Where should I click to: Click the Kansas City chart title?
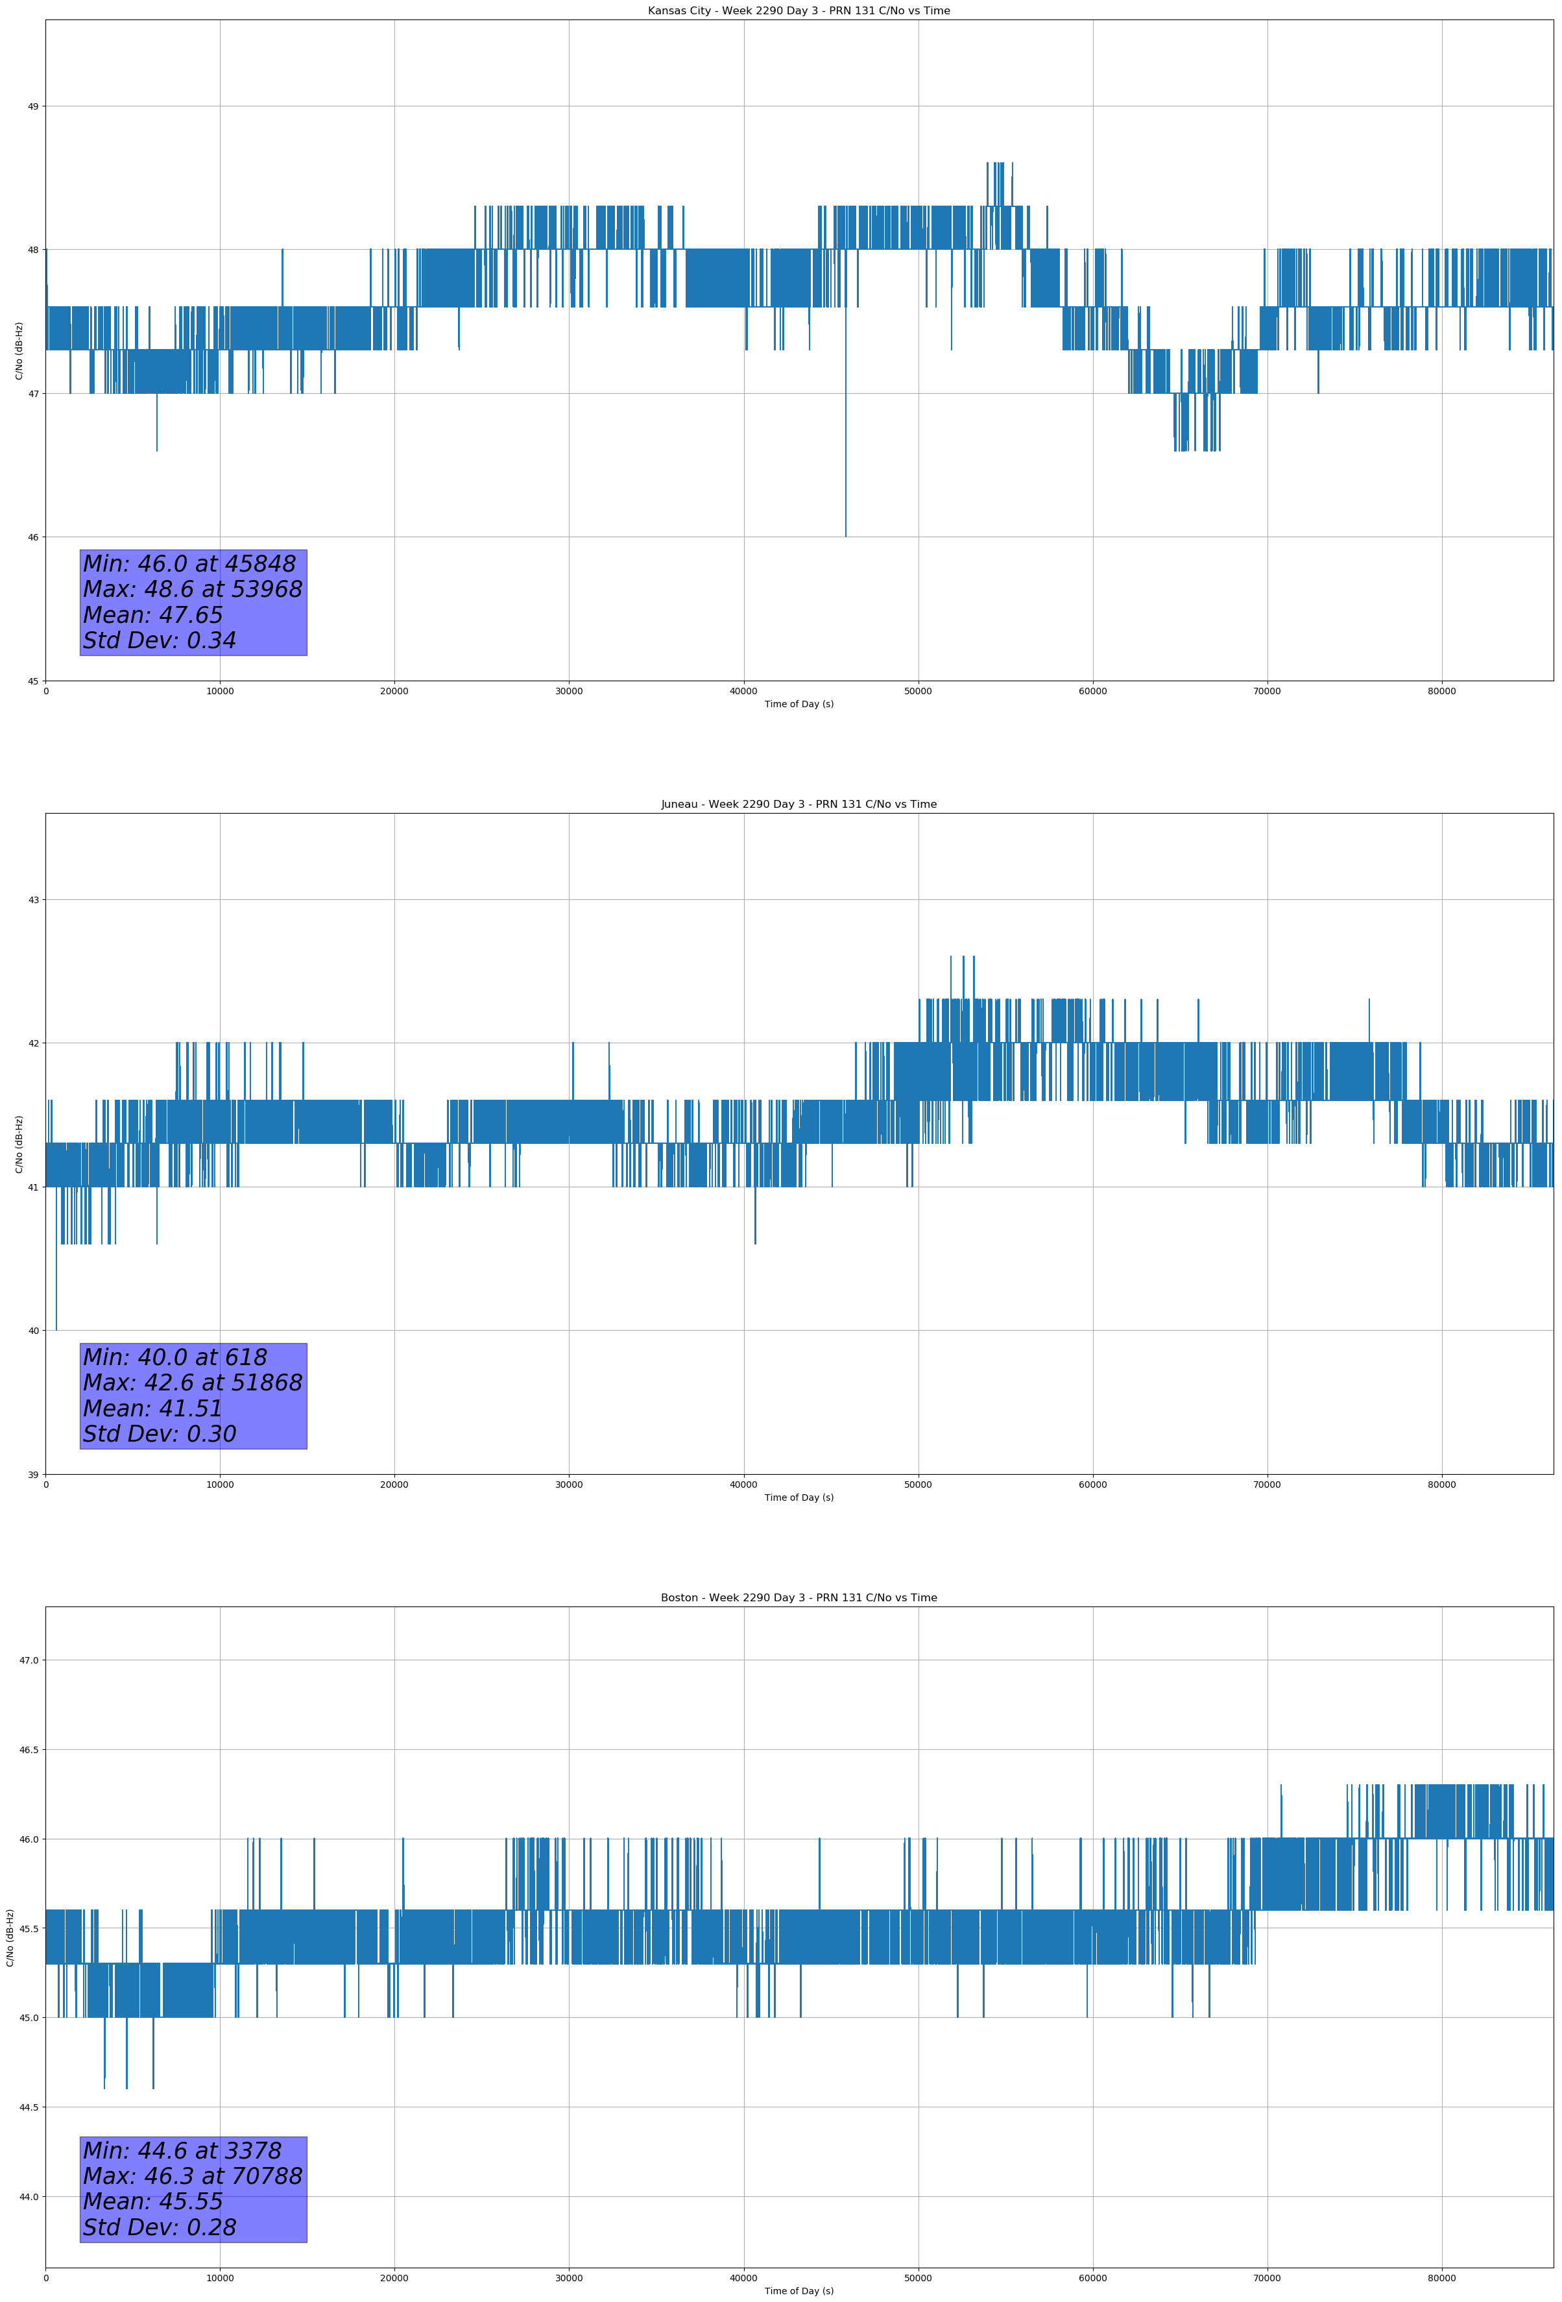(x=799, y=11)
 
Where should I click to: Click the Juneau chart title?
(x=799, y=805)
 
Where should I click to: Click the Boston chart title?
(x=799, y=1598)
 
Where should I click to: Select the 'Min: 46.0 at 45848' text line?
(x=189, y=564)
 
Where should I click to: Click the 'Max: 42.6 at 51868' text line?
(x=192, y=1383)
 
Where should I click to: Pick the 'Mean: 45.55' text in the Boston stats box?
(x=152, y=2201)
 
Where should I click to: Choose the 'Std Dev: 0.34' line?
(x=160, y=641)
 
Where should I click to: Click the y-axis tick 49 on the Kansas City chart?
(x=32, y=106)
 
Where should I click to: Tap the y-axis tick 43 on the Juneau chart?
(x=32, y=899)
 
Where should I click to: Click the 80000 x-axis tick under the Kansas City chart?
(x=1441, y=692)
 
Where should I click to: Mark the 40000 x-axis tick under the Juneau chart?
(x=743, y=1484)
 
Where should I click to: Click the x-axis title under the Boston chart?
(x=799, y=2291)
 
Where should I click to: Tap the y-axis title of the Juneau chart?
(x=19, y=1144)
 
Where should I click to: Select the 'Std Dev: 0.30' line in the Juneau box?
(x=160, y=1435)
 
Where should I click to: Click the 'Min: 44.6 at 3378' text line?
(x=182, y=2150)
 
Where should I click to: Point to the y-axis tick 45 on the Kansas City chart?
(x=32, y=681)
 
